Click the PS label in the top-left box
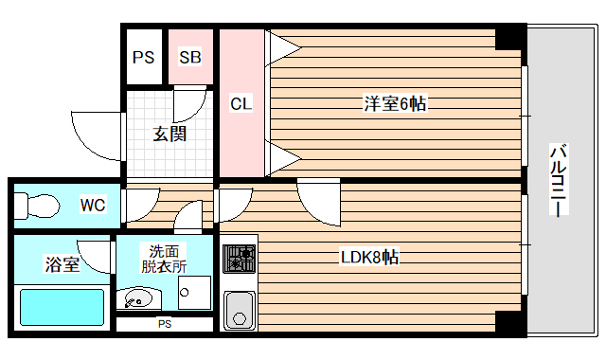point(143,57)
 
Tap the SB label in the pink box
point(189,57)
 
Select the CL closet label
point(241,104)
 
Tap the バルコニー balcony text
point(559,180)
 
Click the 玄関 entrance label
point(170,134)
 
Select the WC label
point(92,205)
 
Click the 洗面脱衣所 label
point(165,259)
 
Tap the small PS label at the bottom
point(164,325)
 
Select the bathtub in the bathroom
point(62,307)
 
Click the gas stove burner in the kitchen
point(239,258)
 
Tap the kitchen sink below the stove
point(239,309)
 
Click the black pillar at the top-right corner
point(510,37)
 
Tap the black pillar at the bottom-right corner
point(510,323)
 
